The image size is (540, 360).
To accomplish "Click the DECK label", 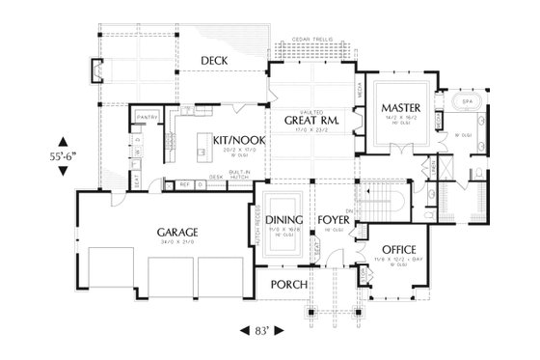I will pos(214,62).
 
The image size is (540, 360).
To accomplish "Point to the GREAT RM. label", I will pos(309,120).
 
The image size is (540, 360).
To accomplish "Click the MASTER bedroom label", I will pos(397,106).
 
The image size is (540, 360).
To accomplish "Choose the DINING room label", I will pos(285,219).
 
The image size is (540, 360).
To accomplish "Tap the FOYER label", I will pos(334,219).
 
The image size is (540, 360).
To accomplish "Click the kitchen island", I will pos(204,152).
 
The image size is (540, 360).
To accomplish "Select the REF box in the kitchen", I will pos(183,184).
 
